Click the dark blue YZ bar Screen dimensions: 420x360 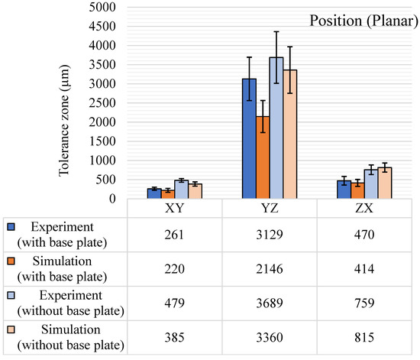pos(249,138)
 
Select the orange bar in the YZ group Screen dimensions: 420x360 pos(263,157)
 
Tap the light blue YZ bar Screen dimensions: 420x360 pos(276,128)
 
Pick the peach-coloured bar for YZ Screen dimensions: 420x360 pos(290,134)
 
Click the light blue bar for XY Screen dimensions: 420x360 pos(182,190)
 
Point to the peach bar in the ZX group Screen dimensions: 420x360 pos(385,183)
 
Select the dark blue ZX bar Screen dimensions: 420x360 pos(344,190)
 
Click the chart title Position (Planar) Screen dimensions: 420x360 pos(363,21)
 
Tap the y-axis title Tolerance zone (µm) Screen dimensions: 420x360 pos(64,120)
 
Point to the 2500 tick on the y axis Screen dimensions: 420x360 pos(102,103)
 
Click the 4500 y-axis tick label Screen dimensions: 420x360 pos(102,26)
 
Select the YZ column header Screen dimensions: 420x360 pos(270,208)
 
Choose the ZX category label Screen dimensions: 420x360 pos(364,208)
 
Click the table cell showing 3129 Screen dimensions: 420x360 pos(270,235)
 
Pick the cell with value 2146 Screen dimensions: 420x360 pos(270,269)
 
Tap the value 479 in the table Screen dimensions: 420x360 pos(175,303)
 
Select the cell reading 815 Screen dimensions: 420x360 pos(364,338)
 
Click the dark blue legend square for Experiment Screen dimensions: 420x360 pos(11,227)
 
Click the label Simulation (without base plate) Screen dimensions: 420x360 pos(71,338)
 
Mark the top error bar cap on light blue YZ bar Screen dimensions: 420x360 pos(276,31)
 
